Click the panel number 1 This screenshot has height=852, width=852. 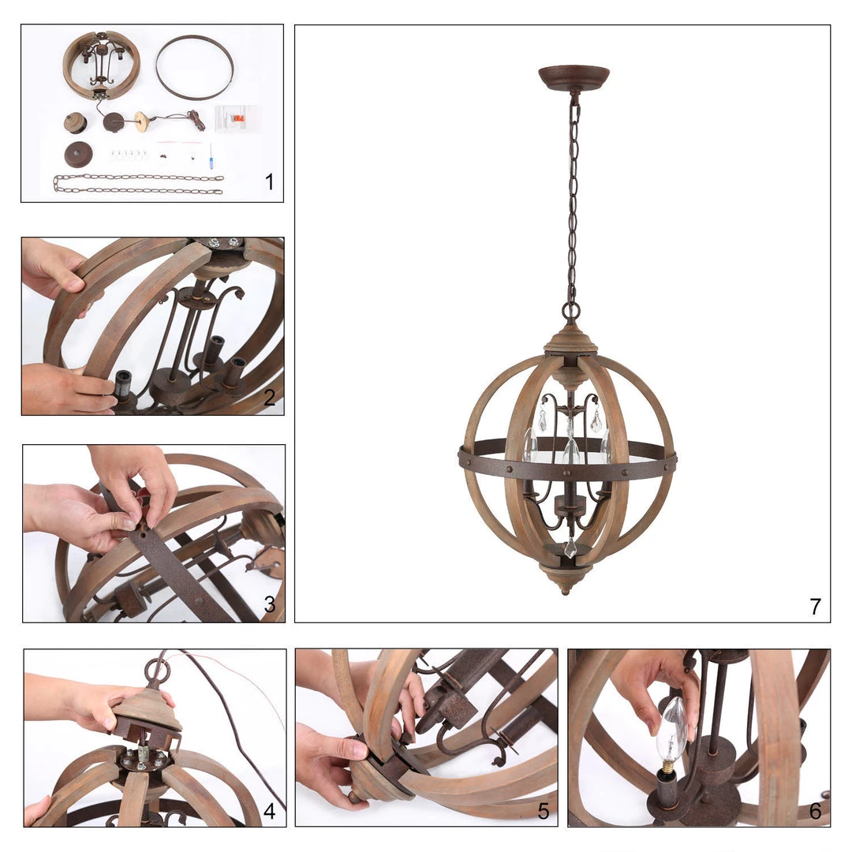pyautogui.click(x=269, y=182)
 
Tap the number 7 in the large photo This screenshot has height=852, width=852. pyautogui.click(x=815, y=606)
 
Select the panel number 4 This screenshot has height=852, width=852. pyautogui.click(x=269, y=811)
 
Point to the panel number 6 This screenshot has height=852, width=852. pyautogui.click(x=815, y=811)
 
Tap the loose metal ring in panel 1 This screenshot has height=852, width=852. pyautogui.click(x=194, y=67)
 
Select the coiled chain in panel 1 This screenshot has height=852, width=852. pyautogui.click(x=138, y=185)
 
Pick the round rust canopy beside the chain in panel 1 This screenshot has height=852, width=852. pyautogui.click(x=78, y=153)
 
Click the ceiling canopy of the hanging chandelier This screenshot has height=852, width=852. pyautogui.click(x=574, y=77)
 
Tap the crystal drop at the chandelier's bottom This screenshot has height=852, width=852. pyautogui.click(x=570, y=547)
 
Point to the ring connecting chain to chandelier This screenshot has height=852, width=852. pyautogui.click(x=570, y=311)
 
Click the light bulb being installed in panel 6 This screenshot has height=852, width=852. pyautogui.click(x=671, y=734)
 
